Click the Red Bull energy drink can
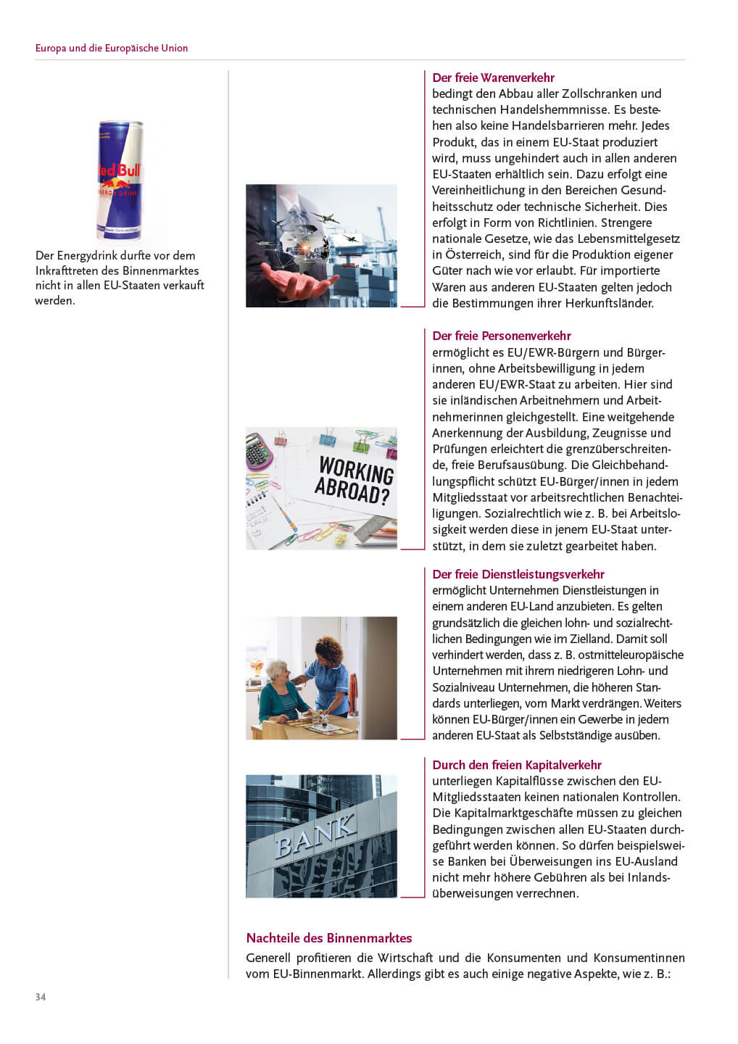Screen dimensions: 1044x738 120,181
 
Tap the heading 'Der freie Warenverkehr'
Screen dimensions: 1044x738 493,78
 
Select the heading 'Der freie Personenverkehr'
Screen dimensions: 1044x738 501,336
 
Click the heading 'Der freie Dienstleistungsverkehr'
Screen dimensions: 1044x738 518,574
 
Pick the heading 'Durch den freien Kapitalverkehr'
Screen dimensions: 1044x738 516,765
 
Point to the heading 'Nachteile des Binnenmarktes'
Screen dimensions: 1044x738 328,938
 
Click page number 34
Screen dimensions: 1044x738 41,997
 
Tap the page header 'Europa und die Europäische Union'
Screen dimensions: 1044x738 112,48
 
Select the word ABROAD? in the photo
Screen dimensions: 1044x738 353,492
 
